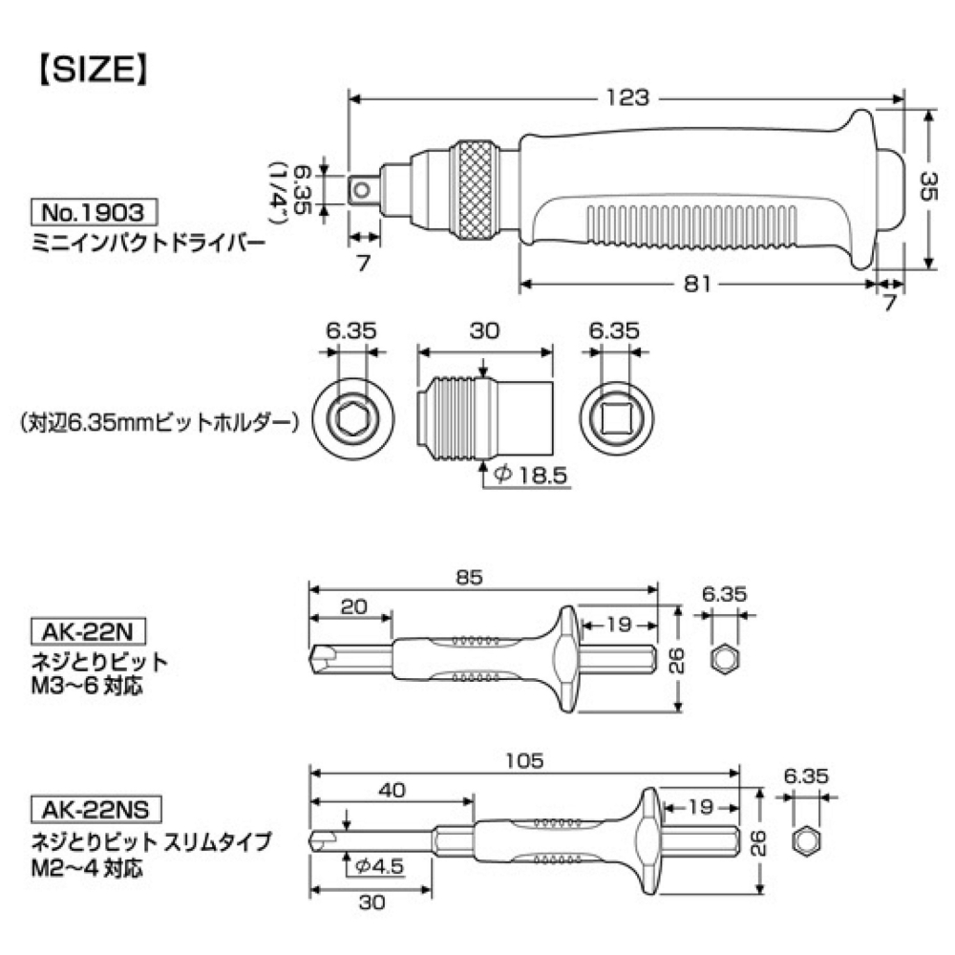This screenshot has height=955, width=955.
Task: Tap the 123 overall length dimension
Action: tap(627, 97)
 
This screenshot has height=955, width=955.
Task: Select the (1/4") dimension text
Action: tap(281, 189)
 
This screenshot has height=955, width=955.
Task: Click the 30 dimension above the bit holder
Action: tap(485, 331)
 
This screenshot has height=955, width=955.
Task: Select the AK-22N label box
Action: tap(86, 632)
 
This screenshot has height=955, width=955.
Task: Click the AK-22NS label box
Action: tap(93, 811)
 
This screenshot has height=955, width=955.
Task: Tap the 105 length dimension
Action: tap(524, 760)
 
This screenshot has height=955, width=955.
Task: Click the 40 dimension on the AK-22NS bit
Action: tap(392, 790)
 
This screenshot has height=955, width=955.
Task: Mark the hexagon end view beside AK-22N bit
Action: tap(727, 658)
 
